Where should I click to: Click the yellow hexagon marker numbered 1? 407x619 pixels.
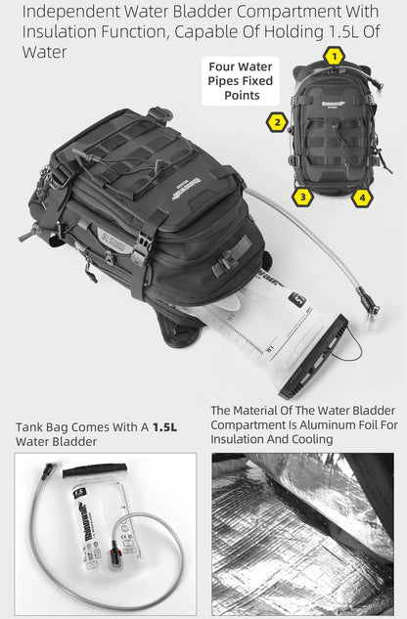click(335, 56)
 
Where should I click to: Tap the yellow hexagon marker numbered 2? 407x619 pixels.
click(277, 122)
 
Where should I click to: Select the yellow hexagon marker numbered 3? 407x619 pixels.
click(303, 197)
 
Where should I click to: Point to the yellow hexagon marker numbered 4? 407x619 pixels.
click(363, 197)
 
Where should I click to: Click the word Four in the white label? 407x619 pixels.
click(224, 67)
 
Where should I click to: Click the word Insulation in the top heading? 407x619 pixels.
click(63, 31)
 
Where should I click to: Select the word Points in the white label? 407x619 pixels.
click(241, 95)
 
